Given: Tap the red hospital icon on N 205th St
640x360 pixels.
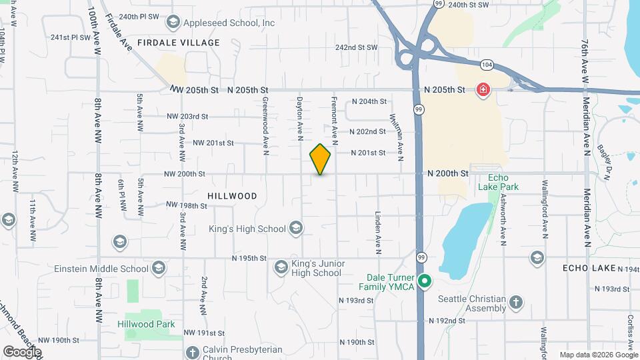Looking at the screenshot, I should pos(482,89).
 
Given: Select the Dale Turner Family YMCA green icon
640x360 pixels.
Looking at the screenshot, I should pos(424,282).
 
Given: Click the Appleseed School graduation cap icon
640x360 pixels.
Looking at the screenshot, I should pos(173,23).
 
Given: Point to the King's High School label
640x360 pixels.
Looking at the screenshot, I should pos(247,229).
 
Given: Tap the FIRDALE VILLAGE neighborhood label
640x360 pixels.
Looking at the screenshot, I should pos(178,43).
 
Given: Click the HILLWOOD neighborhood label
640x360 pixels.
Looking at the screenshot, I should pos(232,196).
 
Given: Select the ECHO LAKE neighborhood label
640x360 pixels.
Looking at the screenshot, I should pos(589,267).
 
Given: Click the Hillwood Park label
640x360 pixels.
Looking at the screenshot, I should pos(146,325).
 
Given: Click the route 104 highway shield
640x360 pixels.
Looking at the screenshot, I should pos(486,65).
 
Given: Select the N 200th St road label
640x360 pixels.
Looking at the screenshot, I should pos(448,173).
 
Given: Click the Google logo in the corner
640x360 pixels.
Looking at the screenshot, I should pos(22,351).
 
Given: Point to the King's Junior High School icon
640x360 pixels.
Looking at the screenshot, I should pos(281,267).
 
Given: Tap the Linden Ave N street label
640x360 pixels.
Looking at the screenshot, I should pos(377,233).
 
